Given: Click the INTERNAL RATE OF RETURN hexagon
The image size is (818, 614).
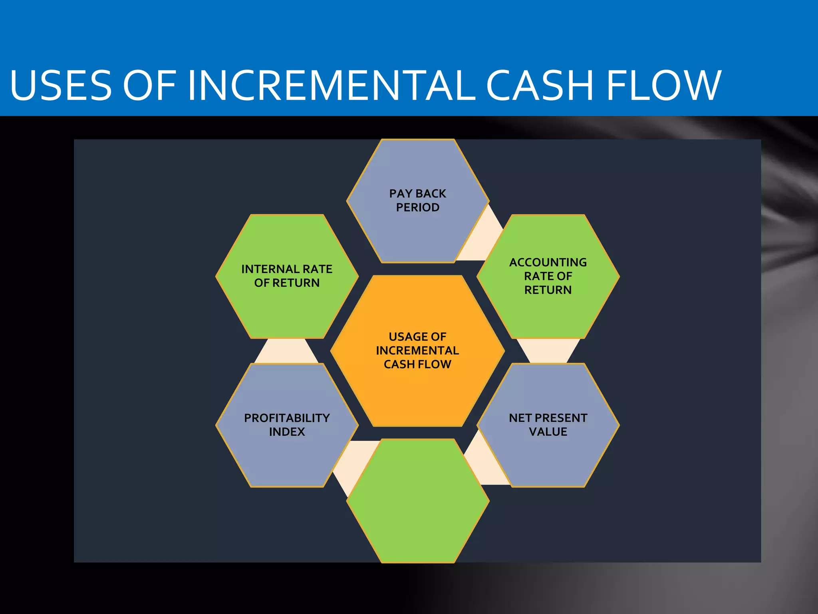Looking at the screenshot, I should click(287, 308).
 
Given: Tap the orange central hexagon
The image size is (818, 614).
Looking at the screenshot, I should click(418, 392).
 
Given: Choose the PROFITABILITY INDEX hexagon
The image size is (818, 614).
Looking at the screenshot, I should click(287, 456).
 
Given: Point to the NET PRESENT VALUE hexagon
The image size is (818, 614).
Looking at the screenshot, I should click(548, 456).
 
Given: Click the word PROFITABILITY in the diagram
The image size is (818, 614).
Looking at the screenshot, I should click(287, 418).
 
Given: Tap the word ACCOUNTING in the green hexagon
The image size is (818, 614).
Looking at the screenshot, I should click(548, 263).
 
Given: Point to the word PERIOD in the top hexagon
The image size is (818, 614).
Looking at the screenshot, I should click(418, 207).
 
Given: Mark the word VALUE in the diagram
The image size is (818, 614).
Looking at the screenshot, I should click(548, 432).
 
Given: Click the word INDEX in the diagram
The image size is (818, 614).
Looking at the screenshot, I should click(287, 432).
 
